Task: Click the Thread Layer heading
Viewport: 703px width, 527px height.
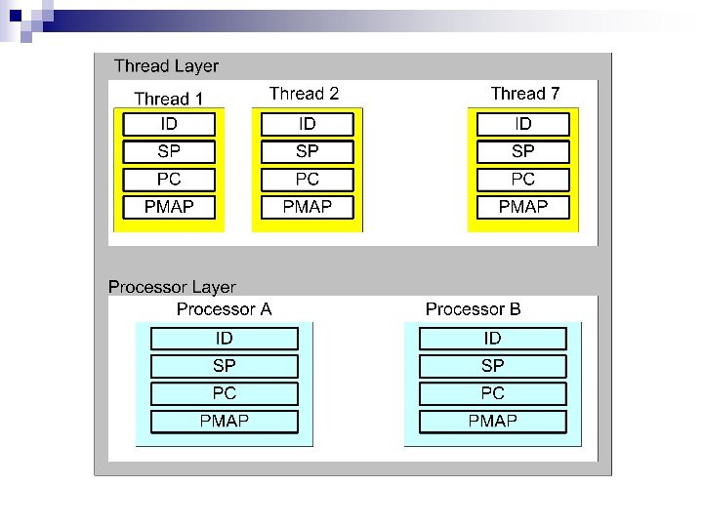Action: (166, 66)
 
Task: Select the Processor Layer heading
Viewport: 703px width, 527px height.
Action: (172, 287)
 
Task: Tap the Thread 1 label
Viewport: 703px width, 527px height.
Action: (169, 99)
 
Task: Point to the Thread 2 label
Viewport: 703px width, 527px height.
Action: (305, 94)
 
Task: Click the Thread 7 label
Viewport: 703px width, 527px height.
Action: (525, 94)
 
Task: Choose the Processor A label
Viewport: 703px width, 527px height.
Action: (224, 309)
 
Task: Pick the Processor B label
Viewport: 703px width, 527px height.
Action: (474, 309)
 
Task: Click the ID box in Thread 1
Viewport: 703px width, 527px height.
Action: (169, 124)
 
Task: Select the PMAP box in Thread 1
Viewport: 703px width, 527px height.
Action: (169, 207)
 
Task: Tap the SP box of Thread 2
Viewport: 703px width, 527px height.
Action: (308, 151)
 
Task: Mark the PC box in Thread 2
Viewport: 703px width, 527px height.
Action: (308, 180)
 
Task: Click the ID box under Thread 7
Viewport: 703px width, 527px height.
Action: (523, 124)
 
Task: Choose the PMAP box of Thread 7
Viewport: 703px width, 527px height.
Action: (523, 207)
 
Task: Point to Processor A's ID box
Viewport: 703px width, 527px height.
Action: (225, 338)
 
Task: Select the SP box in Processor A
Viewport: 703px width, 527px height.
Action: (225, 366)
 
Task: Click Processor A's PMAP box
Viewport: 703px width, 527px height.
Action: (225, 422)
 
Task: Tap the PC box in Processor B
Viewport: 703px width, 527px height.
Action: (493, 393)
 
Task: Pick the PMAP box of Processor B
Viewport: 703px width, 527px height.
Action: (493, 422)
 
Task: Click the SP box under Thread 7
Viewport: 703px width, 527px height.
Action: (523, 151)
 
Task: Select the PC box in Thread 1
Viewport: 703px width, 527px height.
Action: (169, 180)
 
